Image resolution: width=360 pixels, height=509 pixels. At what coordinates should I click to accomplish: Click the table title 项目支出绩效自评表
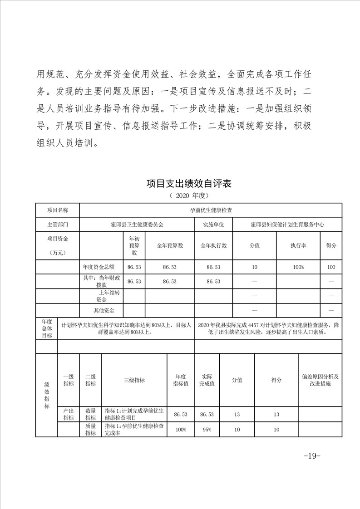tap(189, 184)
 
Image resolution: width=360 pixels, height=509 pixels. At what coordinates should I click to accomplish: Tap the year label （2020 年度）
tap(188, 196)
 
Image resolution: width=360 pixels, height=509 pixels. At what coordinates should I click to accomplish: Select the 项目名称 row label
tap(58, 210)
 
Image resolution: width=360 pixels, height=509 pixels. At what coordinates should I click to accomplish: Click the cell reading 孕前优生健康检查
tap(210, 210)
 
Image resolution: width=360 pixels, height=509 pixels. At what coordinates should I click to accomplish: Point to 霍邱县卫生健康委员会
tap(137, 224)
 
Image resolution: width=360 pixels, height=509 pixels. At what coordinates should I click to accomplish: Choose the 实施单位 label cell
tap(213, 224)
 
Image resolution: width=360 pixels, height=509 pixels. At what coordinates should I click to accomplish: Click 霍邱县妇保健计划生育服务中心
tap(287, 224)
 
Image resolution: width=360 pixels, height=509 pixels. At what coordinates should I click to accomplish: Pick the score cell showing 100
tap(331, 267)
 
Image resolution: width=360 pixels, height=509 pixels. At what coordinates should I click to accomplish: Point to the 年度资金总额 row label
tap(101, 267)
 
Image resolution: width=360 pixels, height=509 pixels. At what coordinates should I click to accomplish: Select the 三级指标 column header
tap(134, 380)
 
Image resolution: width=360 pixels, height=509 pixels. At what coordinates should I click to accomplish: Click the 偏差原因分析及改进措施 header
tap(320, 380)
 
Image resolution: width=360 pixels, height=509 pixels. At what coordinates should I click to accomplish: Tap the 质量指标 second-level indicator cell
tap(90, 429)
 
